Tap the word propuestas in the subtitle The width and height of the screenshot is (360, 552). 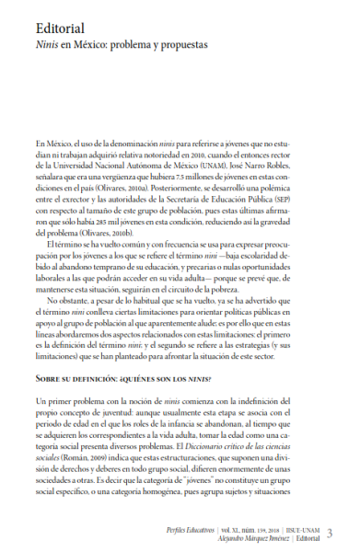[x=185, y=43]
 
